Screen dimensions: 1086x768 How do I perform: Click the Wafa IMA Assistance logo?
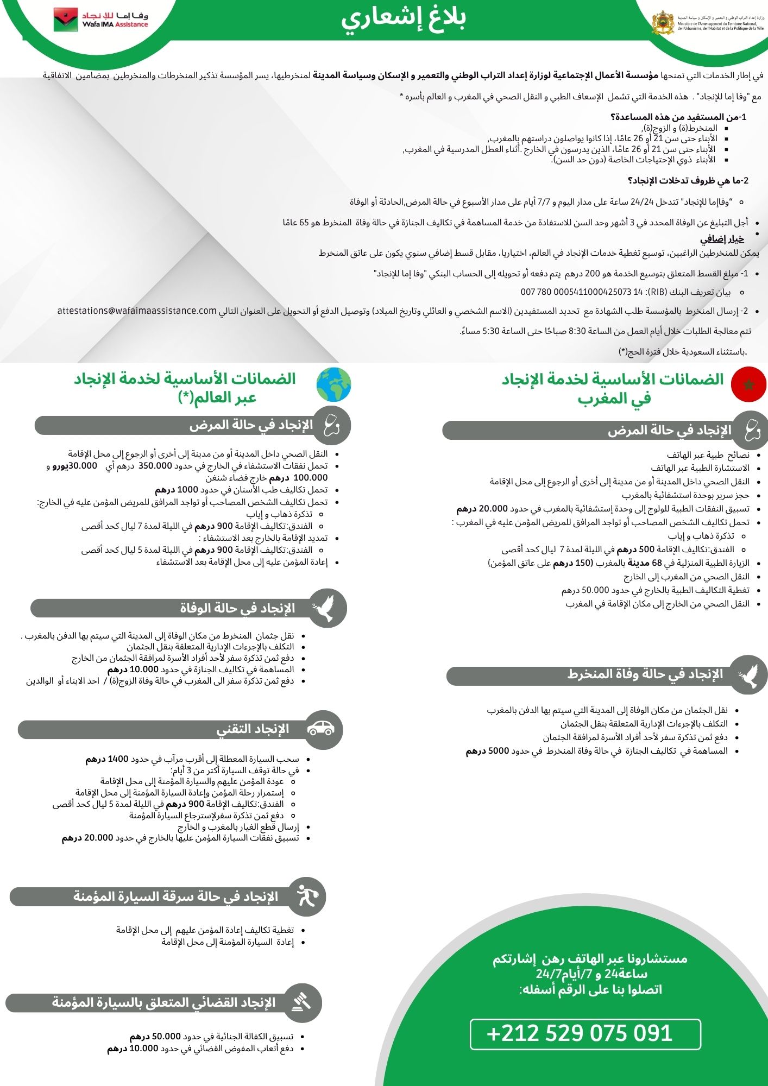click(100, 20)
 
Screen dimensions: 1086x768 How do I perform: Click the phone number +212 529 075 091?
click(580, 1033)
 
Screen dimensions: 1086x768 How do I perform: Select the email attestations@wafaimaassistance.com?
click(137, 311)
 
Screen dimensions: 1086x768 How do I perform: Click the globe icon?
click(333, 385)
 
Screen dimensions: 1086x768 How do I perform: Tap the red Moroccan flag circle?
click(748, 384)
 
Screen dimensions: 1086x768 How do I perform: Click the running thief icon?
click(306, 895)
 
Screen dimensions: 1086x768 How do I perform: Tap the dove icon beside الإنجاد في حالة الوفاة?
click(325, 608)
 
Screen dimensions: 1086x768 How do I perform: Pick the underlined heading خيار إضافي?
click(722, 239)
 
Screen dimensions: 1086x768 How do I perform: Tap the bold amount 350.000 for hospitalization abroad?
click(155, 466)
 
